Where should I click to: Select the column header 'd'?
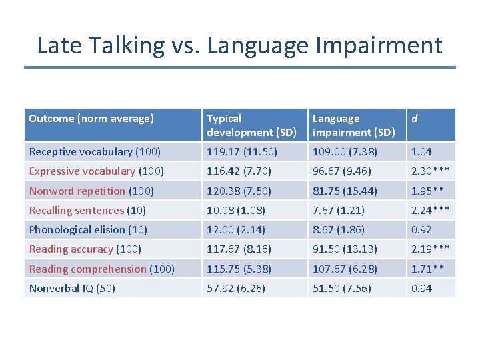point(415,119)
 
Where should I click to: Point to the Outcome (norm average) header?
point(91,119)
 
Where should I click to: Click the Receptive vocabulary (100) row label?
point(95,152)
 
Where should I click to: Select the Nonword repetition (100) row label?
point(91,191)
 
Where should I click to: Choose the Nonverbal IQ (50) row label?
point(72,288)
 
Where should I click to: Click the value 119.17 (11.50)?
point(241,152)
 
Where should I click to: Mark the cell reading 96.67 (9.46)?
point(341,171)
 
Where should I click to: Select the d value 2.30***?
point(430,171)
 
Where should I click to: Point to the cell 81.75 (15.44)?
point(345,191)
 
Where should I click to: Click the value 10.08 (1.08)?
point(235,210)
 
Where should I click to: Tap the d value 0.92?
point(422,229)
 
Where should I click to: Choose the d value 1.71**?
point(427,269)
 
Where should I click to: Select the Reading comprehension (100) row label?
point(102,269)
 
